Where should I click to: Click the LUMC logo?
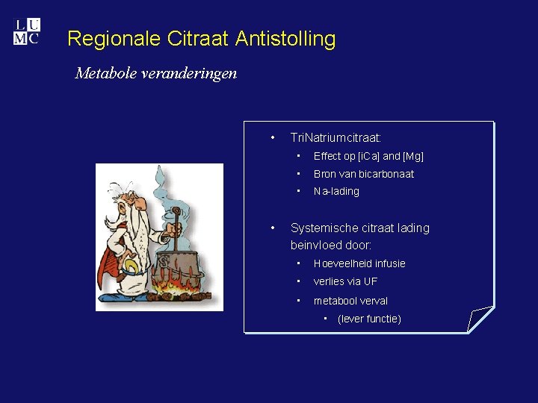click(x=26, y=32)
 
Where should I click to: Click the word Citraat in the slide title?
click(x=194, y=39)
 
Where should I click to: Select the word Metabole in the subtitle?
click(x=106, y=73)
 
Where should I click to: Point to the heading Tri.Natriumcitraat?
click(x=336, y=138)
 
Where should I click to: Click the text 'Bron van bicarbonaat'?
click(x=363, y=174)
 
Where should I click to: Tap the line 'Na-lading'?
click(x=336, y=192)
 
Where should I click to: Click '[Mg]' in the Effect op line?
click(x=413, y=156)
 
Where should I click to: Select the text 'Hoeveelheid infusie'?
click(x=359, y=263)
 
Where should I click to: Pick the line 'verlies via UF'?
click(x=345, y=281)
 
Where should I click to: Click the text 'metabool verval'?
click(x=350, y=301)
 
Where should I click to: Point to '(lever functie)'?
click(x=369, y=319)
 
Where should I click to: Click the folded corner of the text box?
click(x=478, y=319)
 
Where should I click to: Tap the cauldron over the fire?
click(x=179, y=265)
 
